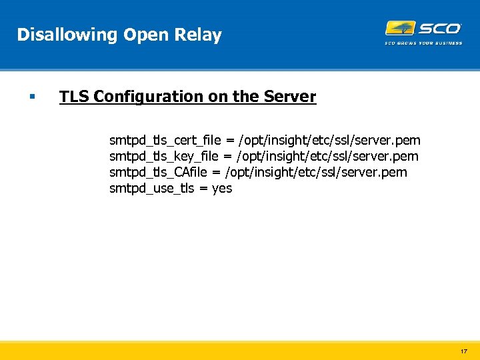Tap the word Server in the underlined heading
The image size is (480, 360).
point(289,97)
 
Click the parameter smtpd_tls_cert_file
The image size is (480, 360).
point(165,141)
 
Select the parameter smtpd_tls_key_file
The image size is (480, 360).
point(163,157)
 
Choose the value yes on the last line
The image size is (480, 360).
point(222,189)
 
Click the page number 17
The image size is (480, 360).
point(463,351)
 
